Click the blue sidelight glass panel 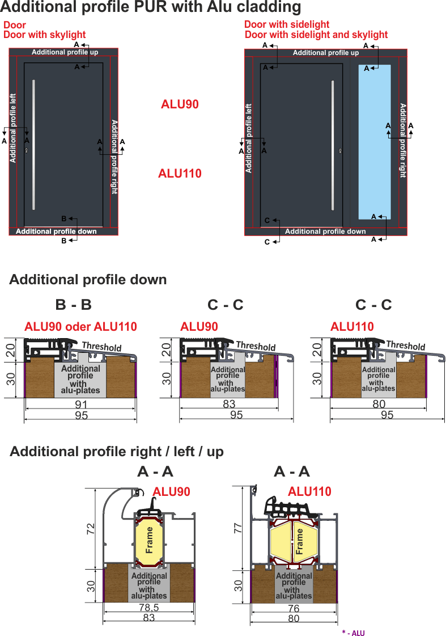click(x=375, y=142)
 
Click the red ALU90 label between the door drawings click(x=180, y=104)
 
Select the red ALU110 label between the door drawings click(x=180, y=174)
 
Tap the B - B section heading click(x=74, y=305)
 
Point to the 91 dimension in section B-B click(x=81, y=404)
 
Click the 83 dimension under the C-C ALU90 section click(x=230, y=403)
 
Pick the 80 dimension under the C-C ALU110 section click(x=379, y=403)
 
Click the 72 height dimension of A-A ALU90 click(x=91, y=529)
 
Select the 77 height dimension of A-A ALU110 click(x=238, y=528)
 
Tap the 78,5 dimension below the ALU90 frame click(x=149, y=608)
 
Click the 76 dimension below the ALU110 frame click(x=294, y=608)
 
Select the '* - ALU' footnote click(x=353, y=633)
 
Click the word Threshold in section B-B click(x=101, y=347)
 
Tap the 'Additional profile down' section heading click(x=88, y=280)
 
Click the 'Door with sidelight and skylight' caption click(x=316, y=35)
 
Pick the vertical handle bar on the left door click(x=33, y=145)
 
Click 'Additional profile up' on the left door click(x=65, y=52)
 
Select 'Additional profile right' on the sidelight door click(x=403, y=140)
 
